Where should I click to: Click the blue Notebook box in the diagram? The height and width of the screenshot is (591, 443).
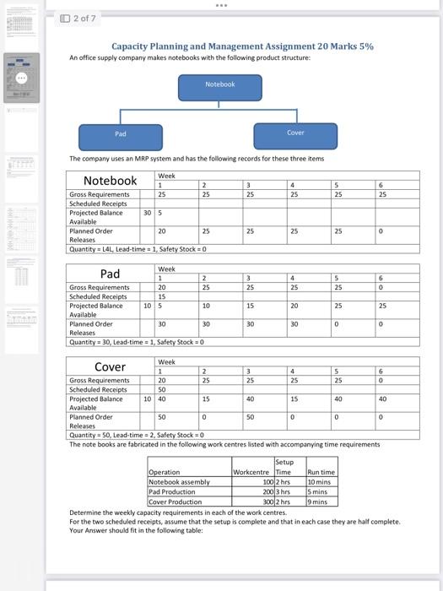pos(220,84)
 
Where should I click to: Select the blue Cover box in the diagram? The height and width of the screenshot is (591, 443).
pos(295,135)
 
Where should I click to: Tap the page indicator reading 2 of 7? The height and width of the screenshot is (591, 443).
pos(79,18)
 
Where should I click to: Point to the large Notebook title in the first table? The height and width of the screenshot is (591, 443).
pos(110,181)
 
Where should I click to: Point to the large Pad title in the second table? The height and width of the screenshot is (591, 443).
pos(110,274)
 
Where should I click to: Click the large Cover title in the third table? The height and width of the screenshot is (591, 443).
pos(110,366)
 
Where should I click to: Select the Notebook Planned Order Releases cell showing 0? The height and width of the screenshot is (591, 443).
pos(383,230)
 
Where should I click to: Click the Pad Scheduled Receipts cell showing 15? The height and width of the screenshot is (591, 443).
pos(162,296)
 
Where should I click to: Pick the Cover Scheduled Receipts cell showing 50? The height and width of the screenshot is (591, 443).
pos(162,389)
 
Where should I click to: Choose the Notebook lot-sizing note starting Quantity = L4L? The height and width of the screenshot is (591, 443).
pos(138,248)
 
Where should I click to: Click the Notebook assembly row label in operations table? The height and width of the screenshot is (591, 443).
pos(179,481)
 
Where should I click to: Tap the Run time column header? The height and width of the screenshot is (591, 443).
pos(321,472)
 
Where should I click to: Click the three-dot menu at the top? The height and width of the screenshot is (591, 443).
pos(221,5)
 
